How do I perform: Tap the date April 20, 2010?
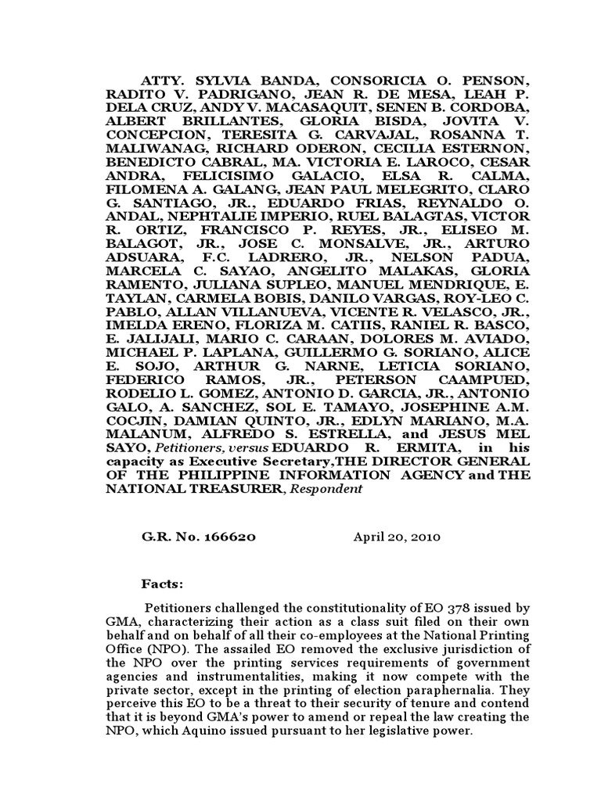click(x=397, y=537)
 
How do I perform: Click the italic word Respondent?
click(x=328, y=490)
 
